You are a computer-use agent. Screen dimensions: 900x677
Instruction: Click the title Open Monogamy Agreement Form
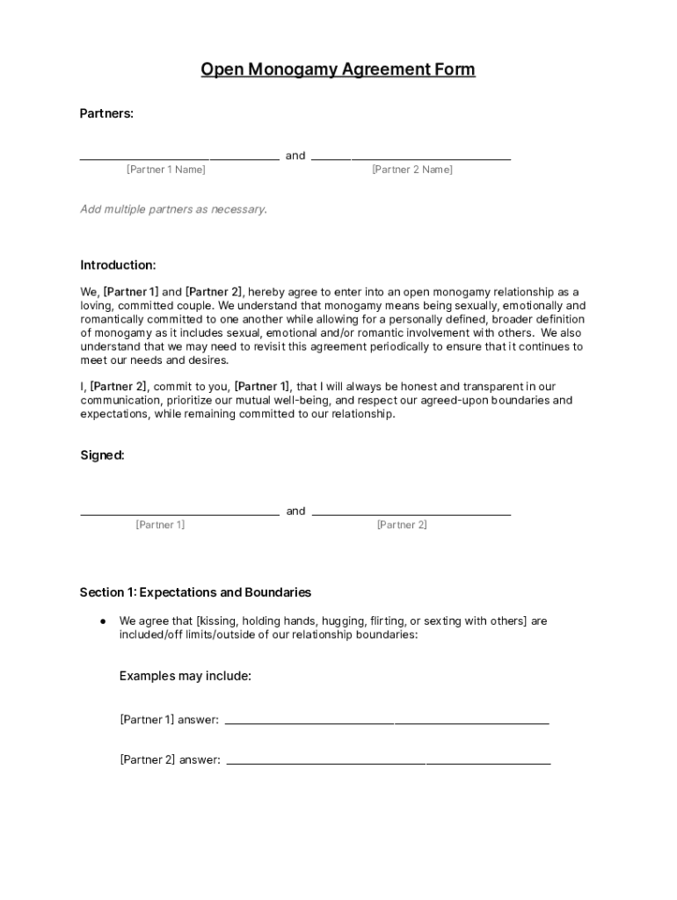point(338,69)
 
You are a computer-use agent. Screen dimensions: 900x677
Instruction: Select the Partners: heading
point(106,113)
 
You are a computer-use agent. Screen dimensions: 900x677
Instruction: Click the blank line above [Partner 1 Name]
point(179,159)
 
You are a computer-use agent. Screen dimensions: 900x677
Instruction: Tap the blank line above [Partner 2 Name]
point(411,159)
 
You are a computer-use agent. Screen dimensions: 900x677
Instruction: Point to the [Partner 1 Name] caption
point(166,170)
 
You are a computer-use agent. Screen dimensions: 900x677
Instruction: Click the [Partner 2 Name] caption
point(412,170)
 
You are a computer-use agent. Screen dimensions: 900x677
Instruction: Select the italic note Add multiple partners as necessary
point(173,209)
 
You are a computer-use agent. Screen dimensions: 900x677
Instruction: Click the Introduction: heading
point(118,265)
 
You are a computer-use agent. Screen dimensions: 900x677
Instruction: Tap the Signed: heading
point(102,455)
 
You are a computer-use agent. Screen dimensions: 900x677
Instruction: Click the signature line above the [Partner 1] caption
point(179,514)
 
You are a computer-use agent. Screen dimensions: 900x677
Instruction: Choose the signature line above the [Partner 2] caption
point(411,514)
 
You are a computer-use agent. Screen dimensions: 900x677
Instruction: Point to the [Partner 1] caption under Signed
point(160,525)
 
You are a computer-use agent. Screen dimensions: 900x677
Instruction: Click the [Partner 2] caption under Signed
point(402,525)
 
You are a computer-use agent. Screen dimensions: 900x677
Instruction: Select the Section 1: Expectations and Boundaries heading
point(195,592)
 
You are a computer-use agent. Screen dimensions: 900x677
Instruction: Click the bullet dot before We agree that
point(103,621)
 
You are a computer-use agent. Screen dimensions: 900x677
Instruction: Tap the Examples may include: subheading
point(186,676)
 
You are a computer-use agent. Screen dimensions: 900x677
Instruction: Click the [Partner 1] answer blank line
point(387,723)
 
